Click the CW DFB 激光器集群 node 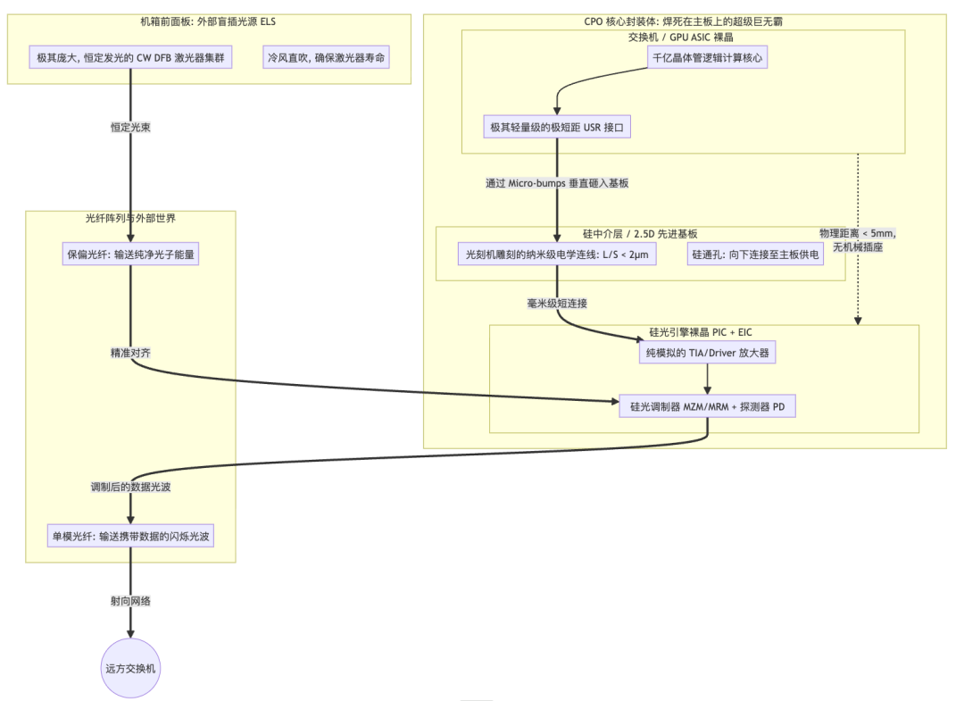pos(130,58)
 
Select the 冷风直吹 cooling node pos(328,58)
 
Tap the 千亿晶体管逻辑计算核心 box pos(707,58)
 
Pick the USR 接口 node pos(557,128)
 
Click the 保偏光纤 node pos(130,255)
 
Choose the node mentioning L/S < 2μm pos(557,255)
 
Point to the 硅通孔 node pos(755,255)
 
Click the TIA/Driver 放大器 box pos(707,353)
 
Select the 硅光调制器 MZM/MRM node pos(707,406)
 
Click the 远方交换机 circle pos(130,667)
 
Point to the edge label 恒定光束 pos(130,128)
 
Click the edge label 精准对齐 pos(130,353)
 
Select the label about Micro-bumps pos(557,183)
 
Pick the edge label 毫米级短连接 pos(557,304)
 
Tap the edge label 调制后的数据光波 pos(130,488)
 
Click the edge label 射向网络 pos(130,601)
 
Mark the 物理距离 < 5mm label pos(858,240)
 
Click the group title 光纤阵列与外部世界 pos(130,218)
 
